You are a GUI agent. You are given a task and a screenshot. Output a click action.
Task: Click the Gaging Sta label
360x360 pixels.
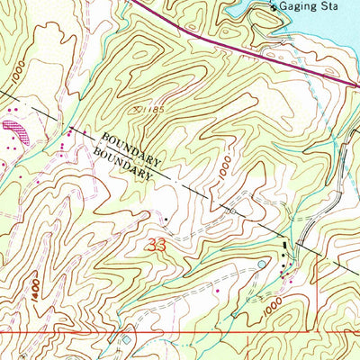pyautogui.click(x=308, y=7)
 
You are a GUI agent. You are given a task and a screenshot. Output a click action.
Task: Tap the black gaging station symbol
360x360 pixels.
pyautogui.click(x=275, y=6)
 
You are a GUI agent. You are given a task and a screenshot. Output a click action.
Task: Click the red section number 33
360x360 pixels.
pyautogui.click(x=156, y=245)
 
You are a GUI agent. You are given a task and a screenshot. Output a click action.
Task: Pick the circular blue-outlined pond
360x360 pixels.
pyautogui.click(x=262, y=264)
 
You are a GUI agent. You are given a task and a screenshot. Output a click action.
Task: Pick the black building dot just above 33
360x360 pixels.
pyautogui.click(x=165, y=217)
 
